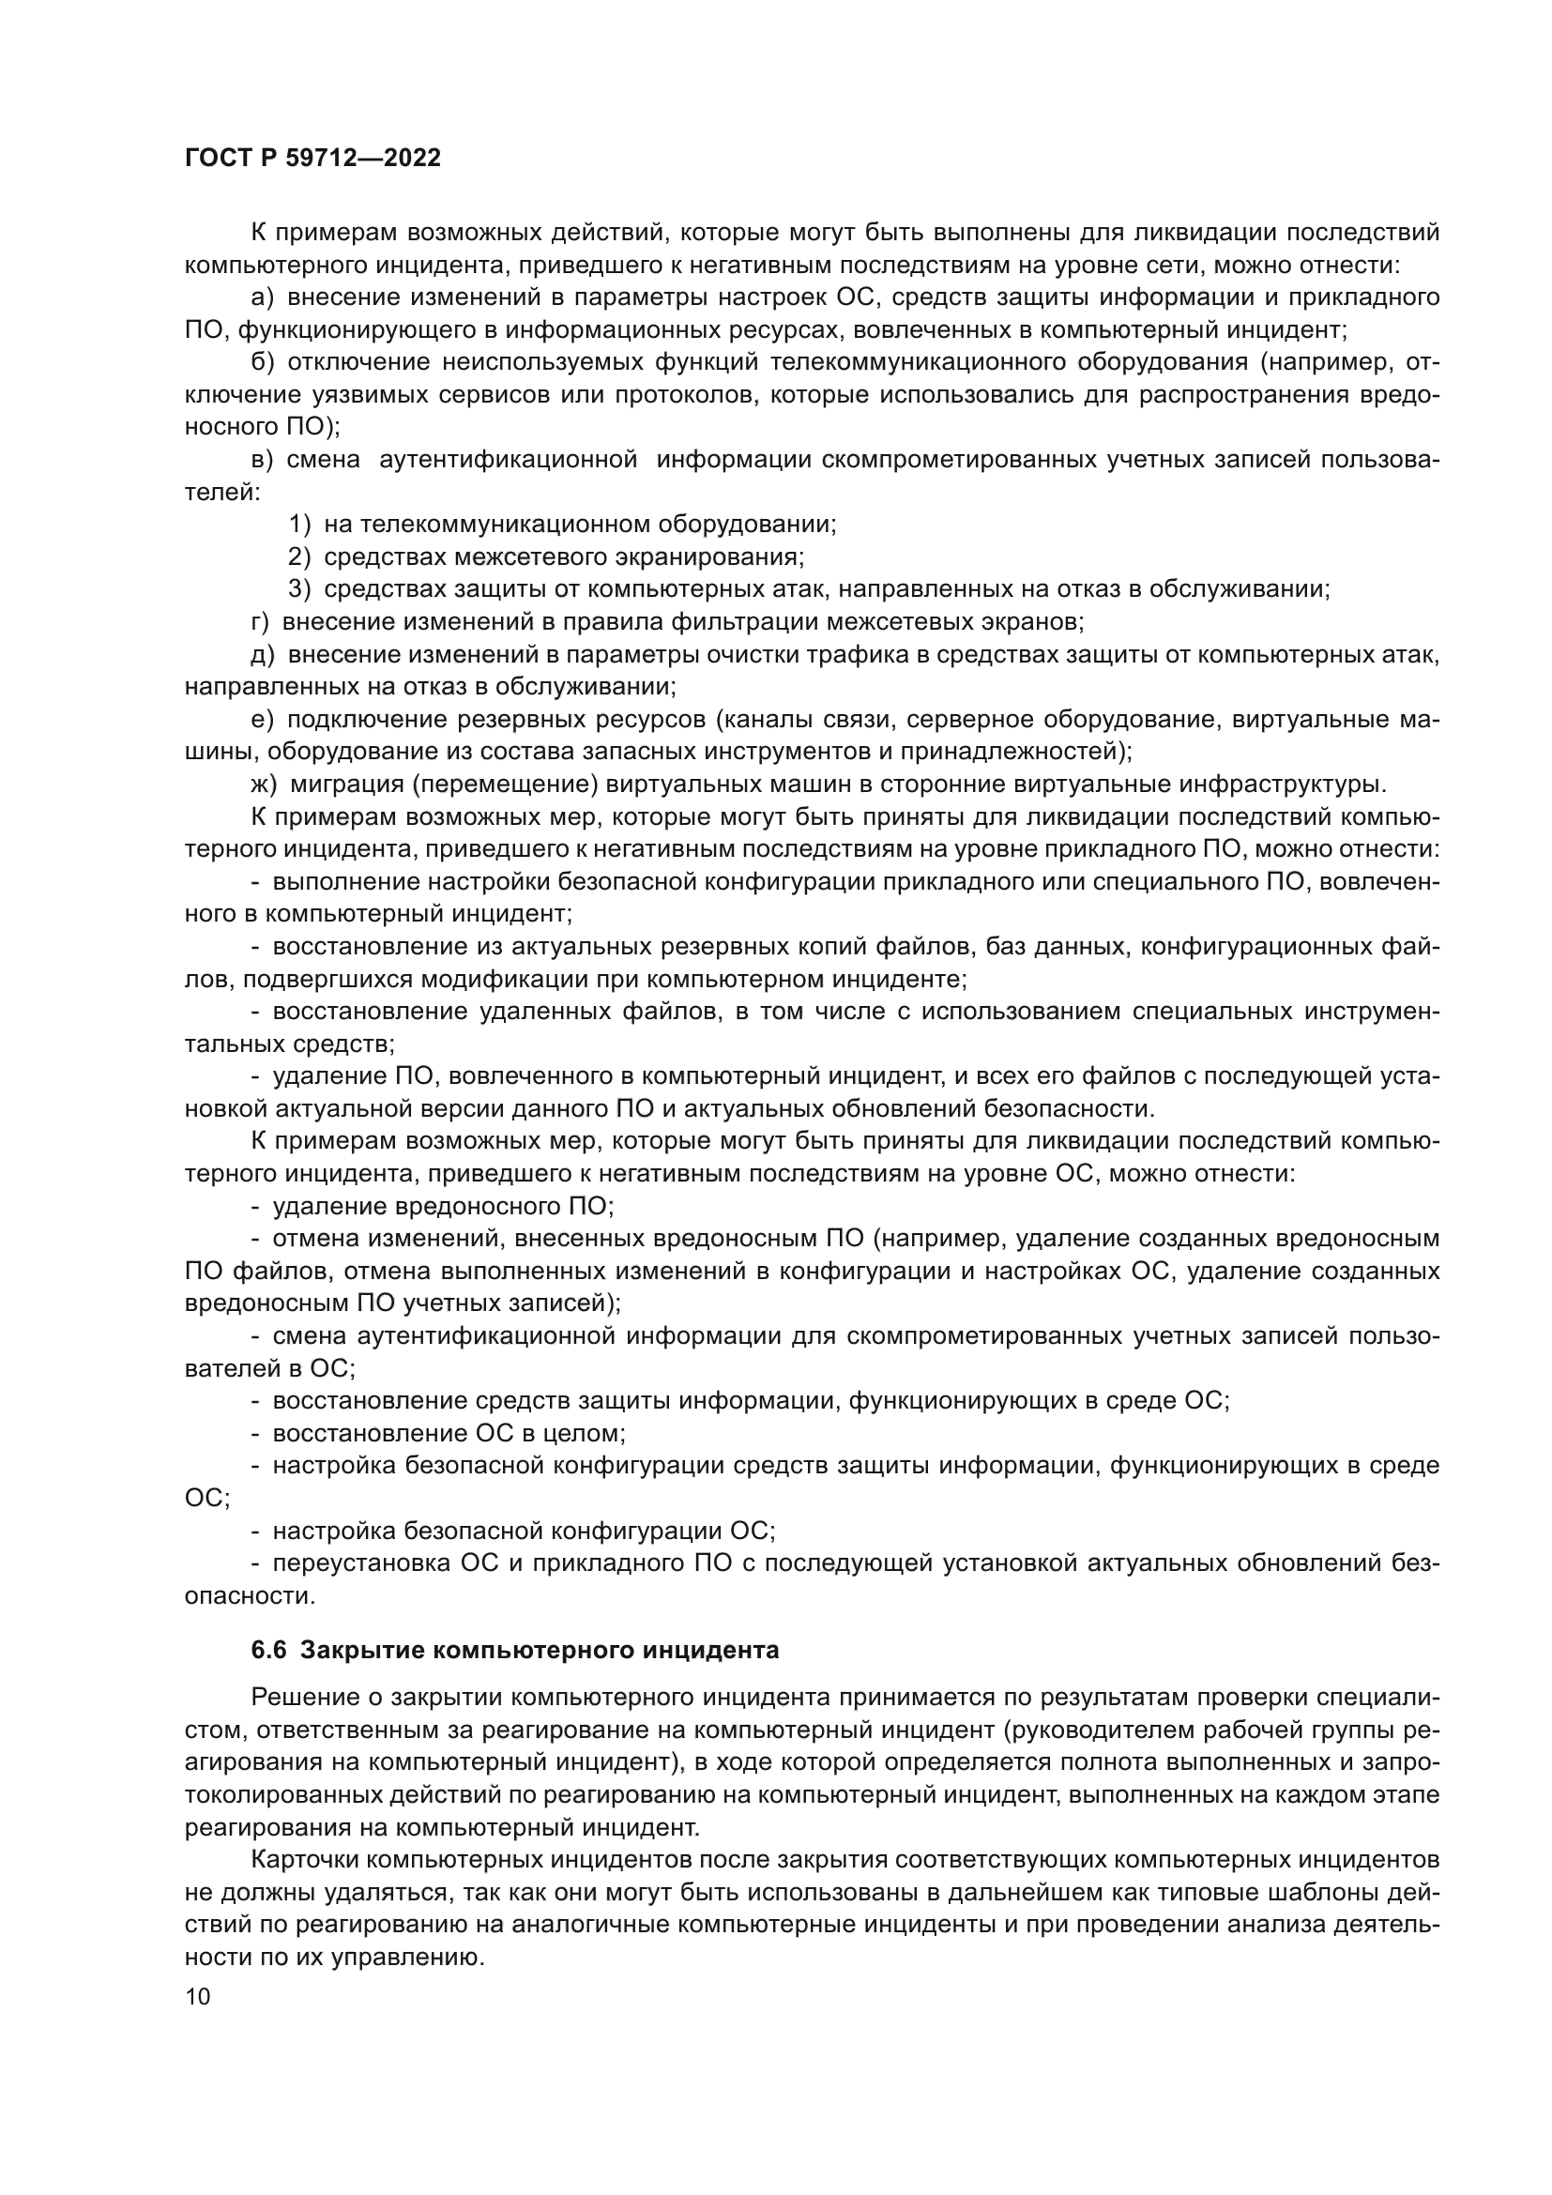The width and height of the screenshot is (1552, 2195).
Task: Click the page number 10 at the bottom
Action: tap(198, 1996)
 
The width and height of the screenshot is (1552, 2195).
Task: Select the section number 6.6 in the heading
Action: tap(268, 1650)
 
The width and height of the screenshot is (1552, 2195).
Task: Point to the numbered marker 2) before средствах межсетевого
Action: tap(300, 556)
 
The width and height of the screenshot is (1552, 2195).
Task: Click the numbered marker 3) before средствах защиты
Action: tap(300, 589)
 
